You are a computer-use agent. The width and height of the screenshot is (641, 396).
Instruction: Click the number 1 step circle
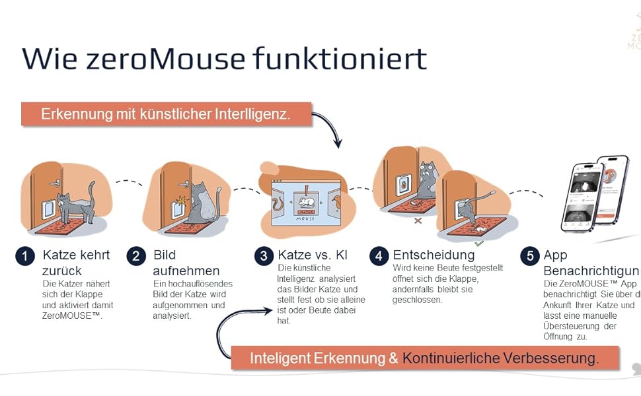(25, 255)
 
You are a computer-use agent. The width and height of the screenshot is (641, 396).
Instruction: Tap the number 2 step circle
(136, 255)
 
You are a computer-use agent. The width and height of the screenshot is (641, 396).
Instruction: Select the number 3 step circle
(264, 255)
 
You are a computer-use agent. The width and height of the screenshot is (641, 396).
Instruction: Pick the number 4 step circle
(379, 255)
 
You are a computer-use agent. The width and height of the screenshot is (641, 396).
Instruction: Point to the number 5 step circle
(529, 255)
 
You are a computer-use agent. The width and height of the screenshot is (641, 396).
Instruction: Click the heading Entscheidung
(434, 255)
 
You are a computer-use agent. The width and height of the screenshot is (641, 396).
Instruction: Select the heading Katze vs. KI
(313, 255)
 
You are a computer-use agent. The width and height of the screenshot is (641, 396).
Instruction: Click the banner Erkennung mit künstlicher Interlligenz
(166, 114)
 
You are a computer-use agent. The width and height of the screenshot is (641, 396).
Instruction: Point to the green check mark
(479, 243)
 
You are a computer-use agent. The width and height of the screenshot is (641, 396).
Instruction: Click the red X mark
(418, 220)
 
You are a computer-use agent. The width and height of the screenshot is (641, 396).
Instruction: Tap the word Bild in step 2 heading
(165, 255)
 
